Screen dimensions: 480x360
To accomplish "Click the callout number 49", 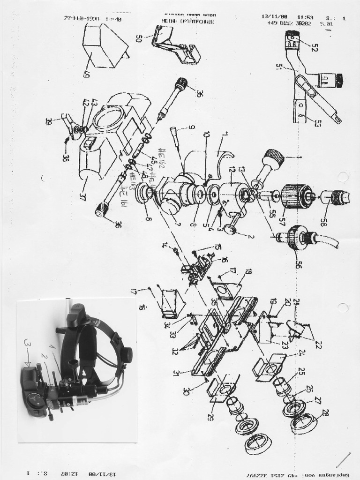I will pyautogui.click(x=87, y=73).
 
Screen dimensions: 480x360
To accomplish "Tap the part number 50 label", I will pyautogui.click(x=139, y=38).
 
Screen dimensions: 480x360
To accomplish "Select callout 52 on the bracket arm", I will pyautogui.click(x=314, y=47).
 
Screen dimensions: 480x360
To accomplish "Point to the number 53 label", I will pyautogui.click(x=318, y=123).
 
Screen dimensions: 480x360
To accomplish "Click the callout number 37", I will pyautogui.click(x=83, y=196).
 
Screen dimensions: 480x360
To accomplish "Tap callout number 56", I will pyautogui.click(x=299, y=264).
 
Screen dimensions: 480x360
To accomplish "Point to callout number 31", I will pyautogui.click(x=176, y=373).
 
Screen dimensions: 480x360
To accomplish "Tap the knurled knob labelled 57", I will pyautogui.click(x=297, y=196).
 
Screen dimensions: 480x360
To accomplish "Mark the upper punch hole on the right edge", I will pyautogui.click(x=344, y=177).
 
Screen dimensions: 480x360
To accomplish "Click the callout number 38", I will pyautogui.click(x=65, y=157).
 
